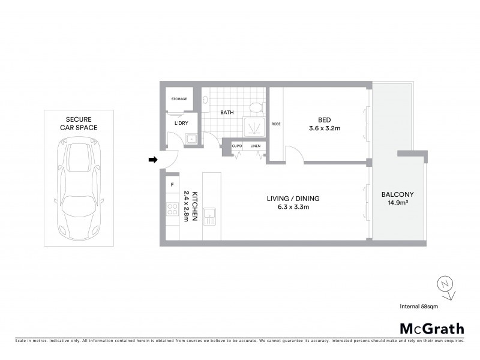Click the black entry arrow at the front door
coord(153,160)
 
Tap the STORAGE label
coord(179,99)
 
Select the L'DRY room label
coord(181,124)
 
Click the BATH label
coord(227,112)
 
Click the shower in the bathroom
coord(253,127)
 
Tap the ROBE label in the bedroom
coord(276,124)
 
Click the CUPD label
coord(237,146)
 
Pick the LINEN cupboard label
coord(255,146)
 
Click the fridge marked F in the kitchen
coord(172,184)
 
